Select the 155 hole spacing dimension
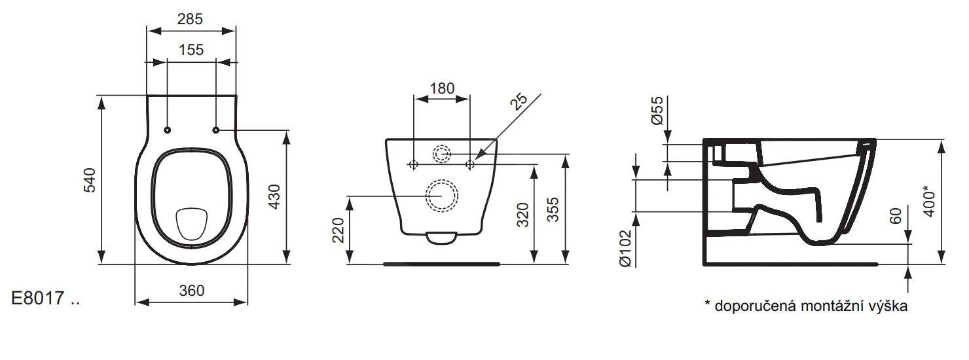[x=191, y=49]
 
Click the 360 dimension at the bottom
[x=191, y=291]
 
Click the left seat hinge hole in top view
[x=168, y=130]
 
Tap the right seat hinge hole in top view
[x=215, y=130]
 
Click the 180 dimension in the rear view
[x=442, y=88]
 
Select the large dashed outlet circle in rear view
[x=442, y=195]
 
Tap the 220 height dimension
[x=338, y=230]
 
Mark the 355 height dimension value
[x=553, y=210]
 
